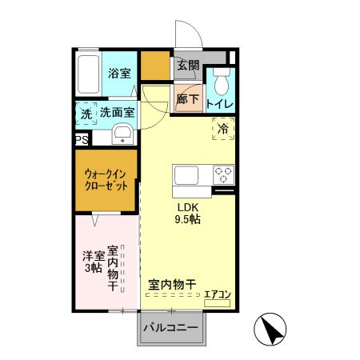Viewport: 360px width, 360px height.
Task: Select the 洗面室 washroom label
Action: click(x=117, y=114)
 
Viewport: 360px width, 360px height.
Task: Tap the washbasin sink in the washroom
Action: click(x=122, y=134)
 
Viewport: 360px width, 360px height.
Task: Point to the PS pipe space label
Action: click(x=82, y=140)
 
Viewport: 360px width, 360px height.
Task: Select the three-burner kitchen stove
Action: click(x=222, y=175)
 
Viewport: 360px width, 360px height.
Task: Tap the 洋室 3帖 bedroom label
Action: click(x=93, y=262)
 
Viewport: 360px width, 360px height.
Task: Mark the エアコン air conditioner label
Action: click(x=217, y=294)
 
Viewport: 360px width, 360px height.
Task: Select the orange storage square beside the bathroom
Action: click(x=156, y=66)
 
